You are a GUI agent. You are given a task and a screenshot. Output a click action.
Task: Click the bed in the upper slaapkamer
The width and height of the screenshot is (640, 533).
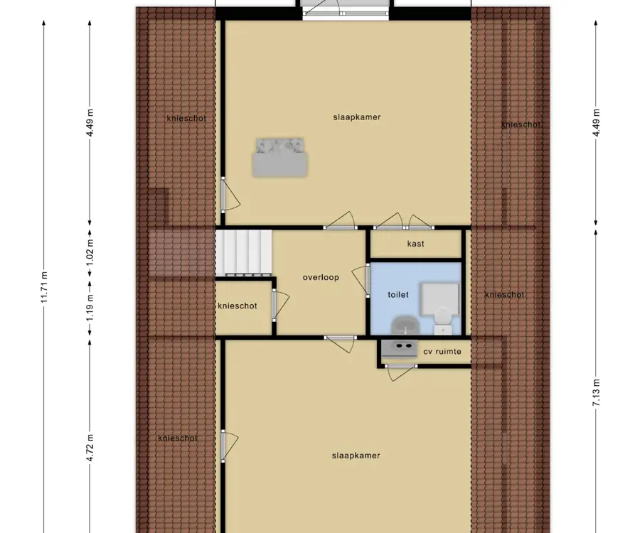point(279,157)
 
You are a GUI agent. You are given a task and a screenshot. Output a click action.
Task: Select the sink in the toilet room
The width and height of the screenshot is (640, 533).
point(404,325)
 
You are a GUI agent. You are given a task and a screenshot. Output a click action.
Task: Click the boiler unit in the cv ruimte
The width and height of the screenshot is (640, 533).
point(399,349)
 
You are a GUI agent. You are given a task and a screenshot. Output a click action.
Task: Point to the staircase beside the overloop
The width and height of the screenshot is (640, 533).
point(244,253)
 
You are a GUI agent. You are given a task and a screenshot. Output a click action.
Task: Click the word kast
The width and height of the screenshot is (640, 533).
point(415,244)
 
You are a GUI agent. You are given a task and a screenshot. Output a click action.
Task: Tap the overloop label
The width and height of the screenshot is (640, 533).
point(321,278)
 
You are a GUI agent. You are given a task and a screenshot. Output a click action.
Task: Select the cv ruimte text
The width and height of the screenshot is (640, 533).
point(442,352)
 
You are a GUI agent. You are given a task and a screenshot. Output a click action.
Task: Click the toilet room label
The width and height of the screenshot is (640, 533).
point(398,294)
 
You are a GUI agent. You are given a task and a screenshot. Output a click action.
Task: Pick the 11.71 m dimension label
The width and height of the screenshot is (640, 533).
point(45,286)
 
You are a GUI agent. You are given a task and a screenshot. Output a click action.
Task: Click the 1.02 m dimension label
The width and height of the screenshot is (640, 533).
point(90,253)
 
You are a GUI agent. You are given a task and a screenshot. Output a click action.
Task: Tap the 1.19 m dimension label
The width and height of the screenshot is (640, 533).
point(90,308)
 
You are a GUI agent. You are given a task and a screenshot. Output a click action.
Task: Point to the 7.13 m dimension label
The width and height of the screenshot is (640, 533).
point(597,392)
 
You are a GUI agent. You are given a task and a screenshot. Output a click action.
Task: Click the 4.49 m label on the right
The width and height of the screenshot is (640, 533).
point(597,123)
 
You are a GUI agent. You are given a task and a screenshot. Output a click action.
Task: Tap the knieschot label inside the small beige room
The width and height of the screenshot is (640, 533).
point(238,306)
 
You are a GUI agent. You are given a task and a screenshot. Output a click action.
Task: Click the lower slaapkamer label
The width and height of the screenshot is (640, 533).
point(356,456)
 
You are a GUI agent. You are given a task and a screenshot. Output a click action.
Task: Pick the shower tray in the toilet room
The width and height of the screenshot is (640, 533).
point(440,299)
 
